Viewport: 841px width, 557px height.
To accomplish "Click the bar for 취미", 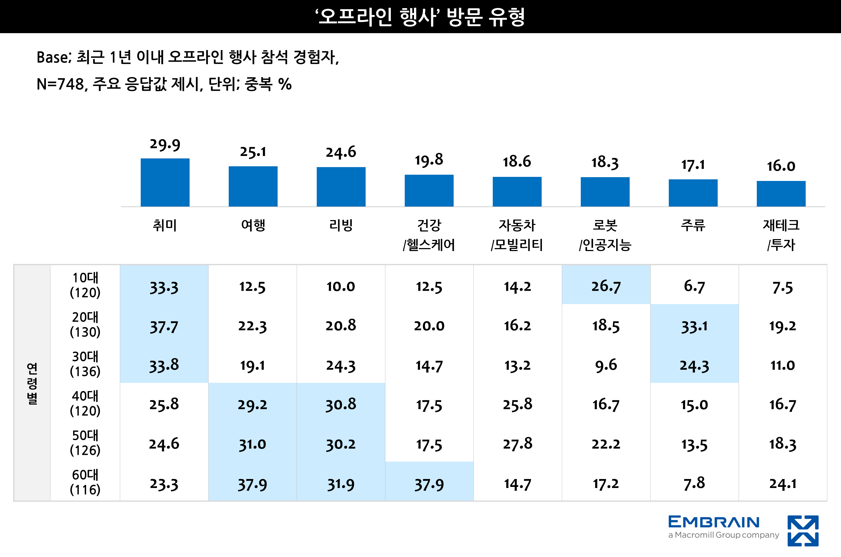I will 165,182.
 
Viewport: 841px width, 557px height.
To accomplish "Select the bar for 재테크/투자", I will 781,194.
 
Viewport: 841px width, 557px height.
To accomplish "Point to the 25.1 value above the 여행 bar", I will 253,152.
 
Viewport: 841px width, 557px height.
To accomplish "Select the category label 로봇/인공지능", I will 605,235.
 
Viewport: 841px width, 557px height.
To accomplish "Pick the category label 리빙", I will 341,225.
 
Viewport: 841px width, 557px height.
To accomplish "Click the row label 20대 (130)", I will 85,324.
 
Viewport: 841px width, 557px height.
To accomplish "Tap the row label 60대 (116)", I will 85,482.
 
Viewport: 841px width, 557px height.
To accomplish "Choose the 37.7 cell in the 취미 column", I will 164,326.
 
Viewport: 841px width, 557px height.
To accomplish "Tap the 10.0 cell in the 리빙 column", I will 341,286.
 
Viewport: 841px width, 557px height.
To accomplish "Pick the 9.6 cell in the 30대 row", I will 606,365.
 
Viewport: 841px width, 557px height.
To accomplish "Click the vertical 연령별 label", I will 32,383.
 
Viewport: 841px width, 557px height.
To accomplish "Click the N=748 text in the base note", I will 60,85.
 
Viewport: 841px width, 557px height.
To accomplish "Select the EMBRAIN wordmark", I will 714,522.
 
